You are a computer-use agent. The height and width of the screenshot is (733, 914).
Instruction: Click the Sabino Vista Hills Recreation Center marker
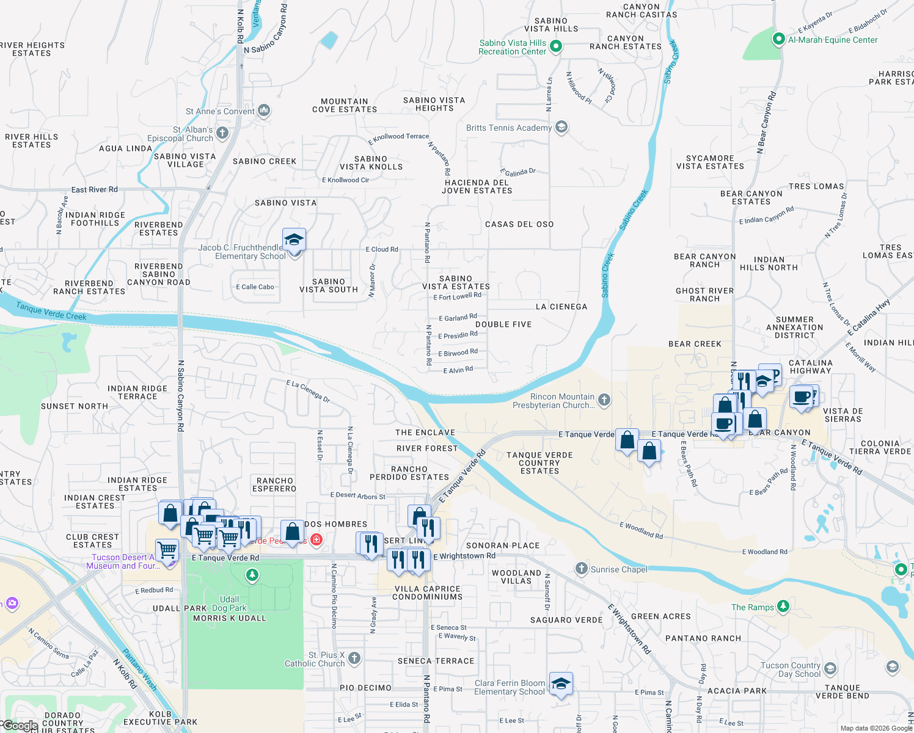coord(555,46)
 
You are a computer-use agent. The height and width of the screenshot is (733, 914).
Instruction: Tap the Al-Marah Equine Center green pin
coord(778,40)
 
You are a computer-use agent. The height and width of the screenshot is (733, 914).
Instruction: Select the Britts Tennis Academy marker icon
coord(561,127)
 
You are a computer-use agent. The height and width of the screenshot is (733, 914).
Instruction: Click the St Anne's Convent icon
coord(264,111)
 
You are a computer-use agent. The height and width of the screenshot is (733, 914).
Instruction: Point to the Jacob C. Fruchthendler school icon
coord(294,240)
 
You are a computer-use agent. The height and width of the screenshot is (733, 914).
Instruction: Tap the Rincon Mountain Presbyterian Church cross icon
coord(604,400)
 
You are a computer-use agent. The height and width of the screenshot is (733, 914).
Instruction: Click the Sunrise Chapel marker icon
coord(581,569)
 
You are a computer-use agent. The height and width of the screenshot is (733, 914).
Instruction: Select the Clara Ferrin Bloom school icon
coord(560,684)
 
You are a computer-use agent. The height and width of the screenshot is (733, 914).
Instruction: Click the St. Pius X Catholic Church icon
coord(354,658)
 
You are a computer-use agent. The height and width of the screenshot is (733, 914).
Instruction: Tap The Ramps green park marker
coord(783,607)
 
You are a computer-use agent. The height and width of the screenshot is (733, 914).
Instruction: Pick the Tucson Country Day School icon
coord(830,669)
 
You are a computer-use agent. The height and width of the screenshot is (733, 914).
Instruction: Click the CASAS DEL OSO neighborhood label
coord(519,224)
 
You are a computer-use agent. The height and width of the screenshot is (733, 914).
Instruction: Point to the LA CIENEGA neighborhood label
coord(561,307)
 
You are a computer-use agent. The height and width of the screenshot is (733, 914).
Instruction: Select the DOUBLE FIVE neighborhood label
coord(503,324)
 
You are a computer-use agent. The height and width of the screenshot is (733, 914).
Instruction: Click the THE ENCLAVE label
coord(425,432)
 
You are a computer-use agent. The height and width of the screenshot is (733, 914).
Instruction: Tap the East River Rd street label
coord(94,189)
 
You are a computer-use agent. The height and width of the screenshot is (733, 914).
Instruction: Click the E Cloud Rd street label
coord(381,249)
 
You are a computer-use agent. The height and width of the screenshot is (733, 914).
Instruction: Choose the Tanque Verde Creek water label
coord(51,311)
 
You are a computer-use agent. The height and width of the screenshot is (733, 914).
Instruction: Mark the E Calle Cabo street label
coord(255,286)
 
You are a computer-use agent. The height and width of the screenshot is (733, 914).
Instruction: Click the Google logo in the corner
coord(20,726)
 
